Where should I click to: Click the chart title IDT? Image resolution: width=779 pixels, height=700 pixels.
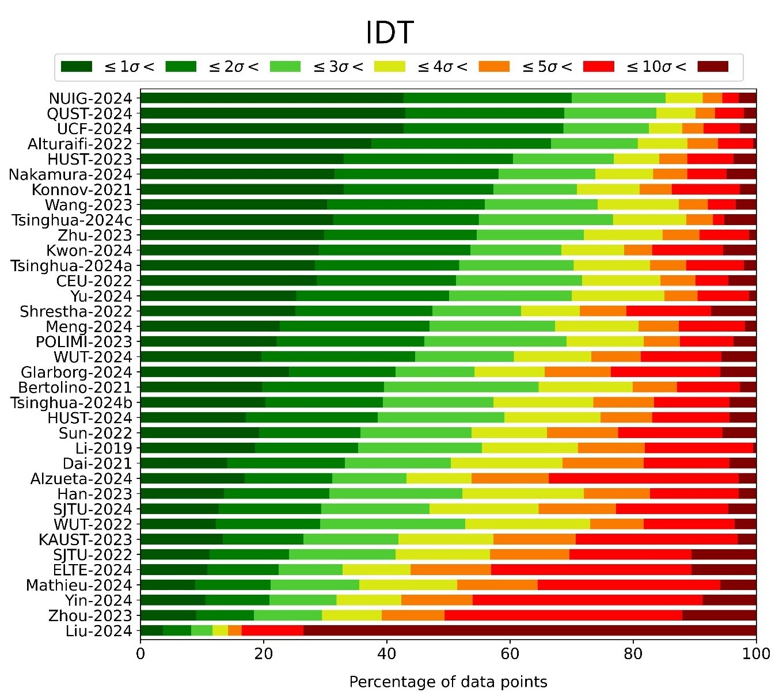tap(389, 33)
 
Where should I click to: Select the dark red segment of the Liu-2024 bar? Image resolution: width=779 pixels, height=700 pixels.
tap(529, 630)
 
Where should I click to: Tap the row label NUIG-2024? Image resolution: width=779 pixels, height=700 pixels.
tap(90, 98)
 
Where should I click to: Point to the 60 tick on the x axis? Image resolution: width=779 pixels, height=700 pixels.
tap(510, 654)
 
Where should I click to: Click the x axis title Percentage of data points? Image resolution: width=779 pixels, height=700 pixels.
tap(448, 682)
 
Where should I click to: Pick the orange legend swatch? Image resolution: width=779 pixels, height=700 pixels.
tap(494, 67)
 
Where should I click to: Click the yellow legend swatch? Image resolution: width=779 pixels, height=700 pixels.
tap(390, 67)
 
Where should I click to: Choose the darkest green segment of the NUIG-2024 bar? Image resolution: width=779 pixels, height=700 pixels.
tap(272, 98)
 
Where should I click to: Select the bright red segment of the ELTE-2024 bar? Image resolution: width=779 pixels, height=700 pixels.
tap(591, 569)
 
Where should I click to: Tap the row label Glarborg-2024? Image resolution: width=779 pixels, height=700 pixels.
tap(77, 372)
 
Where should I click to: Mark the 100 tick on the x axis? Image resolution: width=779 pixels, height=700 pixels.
tap(756, 654)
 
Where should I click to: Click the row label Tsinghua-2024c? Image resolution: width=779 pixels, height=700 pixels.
tap(72, 220)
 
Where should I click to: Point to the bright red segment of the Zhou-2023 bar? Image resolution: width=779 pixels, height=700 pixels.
tap(563, 615)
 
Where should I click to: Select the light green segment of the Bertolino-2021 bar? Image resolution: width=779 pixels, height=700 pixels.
tap(461, 387)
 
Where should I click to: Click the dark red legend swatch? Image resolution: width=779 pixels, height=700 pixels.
tap(713, 67)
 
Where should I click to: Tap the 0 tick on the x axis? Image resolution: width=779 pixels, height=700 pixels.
tap(140, 654)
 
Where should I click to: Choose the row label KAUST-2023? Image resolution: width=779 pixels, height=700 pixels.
tap(85, 539)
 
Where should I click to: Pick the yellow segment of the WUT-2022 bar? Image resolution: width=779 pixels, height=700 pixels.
tap(527, 524)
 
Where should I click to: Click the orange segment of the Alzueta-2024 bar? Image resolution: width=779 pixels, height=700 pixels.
tap(510, 478)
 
